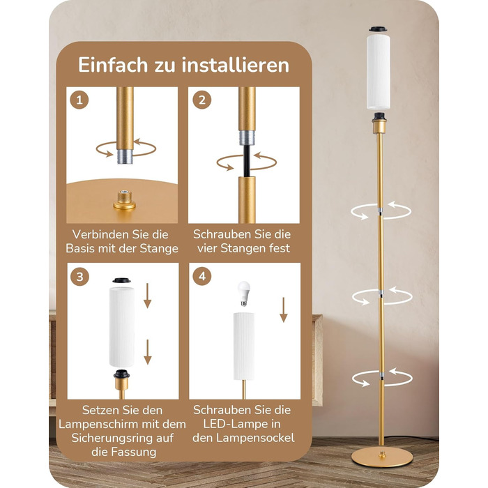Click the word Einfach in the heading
click(x=113, y=65)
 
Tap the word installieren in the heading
click(x=236, y=65)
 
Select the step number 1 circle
click(x=79, y=100)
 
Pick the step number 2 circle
click(x=202, y=100)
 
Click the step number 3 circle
click(x=80, y=276)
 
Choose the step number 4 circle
click(x=202, y=276)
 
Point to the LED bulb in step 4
click(x=244, y=293)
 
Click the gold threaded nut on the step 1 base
click(x=125, y=201)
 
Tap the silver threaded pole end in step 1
click(x=125, y=157)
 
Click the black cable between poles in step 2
click(x=247, y=161)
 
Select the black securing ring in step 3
click(x=121, y=280)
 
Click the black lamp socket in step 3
click(x=121, y=374)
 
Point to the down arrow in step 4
click(x=283, y=310)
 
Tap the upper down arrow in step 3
click(x=148, y=296)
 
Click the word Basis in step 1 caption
click(x=80, y=248)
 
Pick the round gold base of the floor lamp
click(x=382, y=457)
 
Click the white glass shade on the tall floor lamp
click(x=379, y=72)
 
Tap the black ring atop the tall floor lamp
click(x=378, y=29)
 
